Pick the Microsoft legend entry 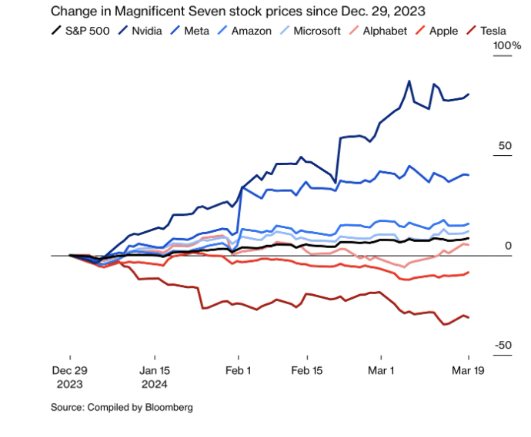(316, 31)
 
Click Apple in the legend (442, 31)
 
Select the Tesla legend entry (493, 31)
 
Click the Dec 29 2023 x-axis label (69, 376)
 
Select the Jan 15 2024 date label (155, 376)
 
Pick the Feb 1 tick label (239, 369)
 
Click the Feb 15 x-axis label (306, 369)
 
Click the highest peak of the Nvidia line (409, 81)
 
